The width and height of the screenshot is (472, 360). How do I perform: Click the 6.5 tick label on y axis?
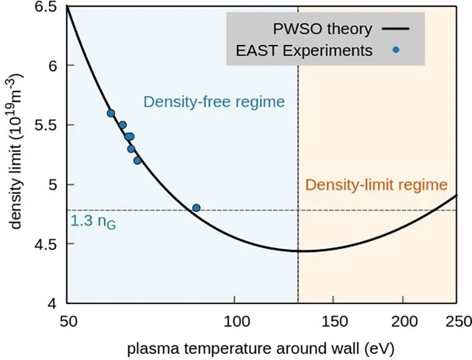click(47, 7)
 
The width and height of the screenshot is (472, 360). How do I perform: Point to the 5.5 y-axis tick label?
click(47, 125)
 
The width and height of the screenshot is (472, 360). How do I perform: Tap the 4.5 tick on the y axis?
click(47, 244)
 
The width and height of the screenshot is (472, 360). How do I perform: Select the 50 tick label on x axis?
click(67, 319)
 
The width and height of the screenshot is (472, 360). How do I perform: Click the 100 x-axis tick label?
click(235, 319)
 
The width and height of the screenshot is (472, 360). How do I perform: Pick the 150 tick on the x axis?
click(333, 319)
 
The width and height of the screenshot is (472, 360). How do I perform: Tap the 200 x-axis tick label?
click(403, 319)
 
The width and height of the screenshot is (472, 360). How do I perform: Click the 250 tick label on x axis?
click(456, 319)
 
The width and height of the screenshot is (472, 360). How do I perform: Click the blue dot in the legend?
click(396, 50)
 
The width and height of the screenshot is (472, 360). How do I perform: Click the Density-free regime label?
click(214, 101)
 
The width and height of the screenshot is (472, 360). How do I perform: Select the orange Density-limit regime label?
click(376, 185)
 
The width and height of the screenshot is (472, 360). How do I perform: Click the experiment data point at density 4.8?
click(196, 208)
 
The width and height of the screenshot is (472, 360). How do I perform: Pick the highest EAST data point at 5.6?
click(111, 113)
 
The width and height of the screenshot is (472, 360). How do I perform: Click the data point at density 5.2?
click(137, 160)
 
